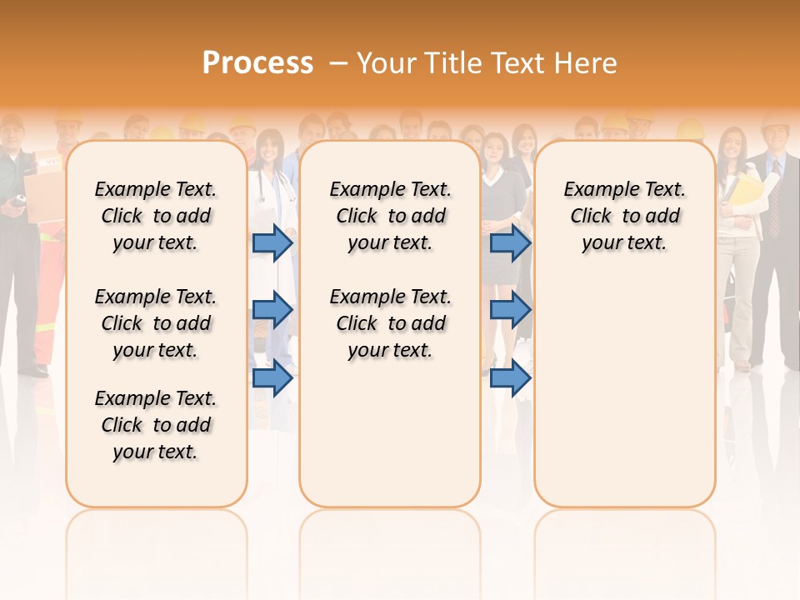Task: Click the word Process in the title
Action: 257,62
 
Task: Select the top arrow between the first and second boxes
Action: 272,242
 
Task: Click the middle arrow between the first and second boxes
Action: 272,310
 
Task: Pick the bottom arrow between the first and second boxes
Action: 272,378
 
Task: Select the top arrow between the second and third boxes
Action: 510,242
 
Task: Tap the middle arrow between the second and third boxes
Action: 510,310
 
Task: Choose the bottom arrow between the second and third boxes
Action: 510,378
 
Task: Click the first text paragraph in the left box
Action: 156,216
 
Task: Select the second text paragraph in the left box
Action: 156,323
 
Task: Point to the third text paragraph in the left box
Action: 156,425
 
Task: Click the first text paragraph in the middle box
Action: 390,216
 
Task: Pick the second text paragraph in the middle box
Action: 390,323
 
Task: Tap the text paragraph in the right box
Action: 624,216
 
